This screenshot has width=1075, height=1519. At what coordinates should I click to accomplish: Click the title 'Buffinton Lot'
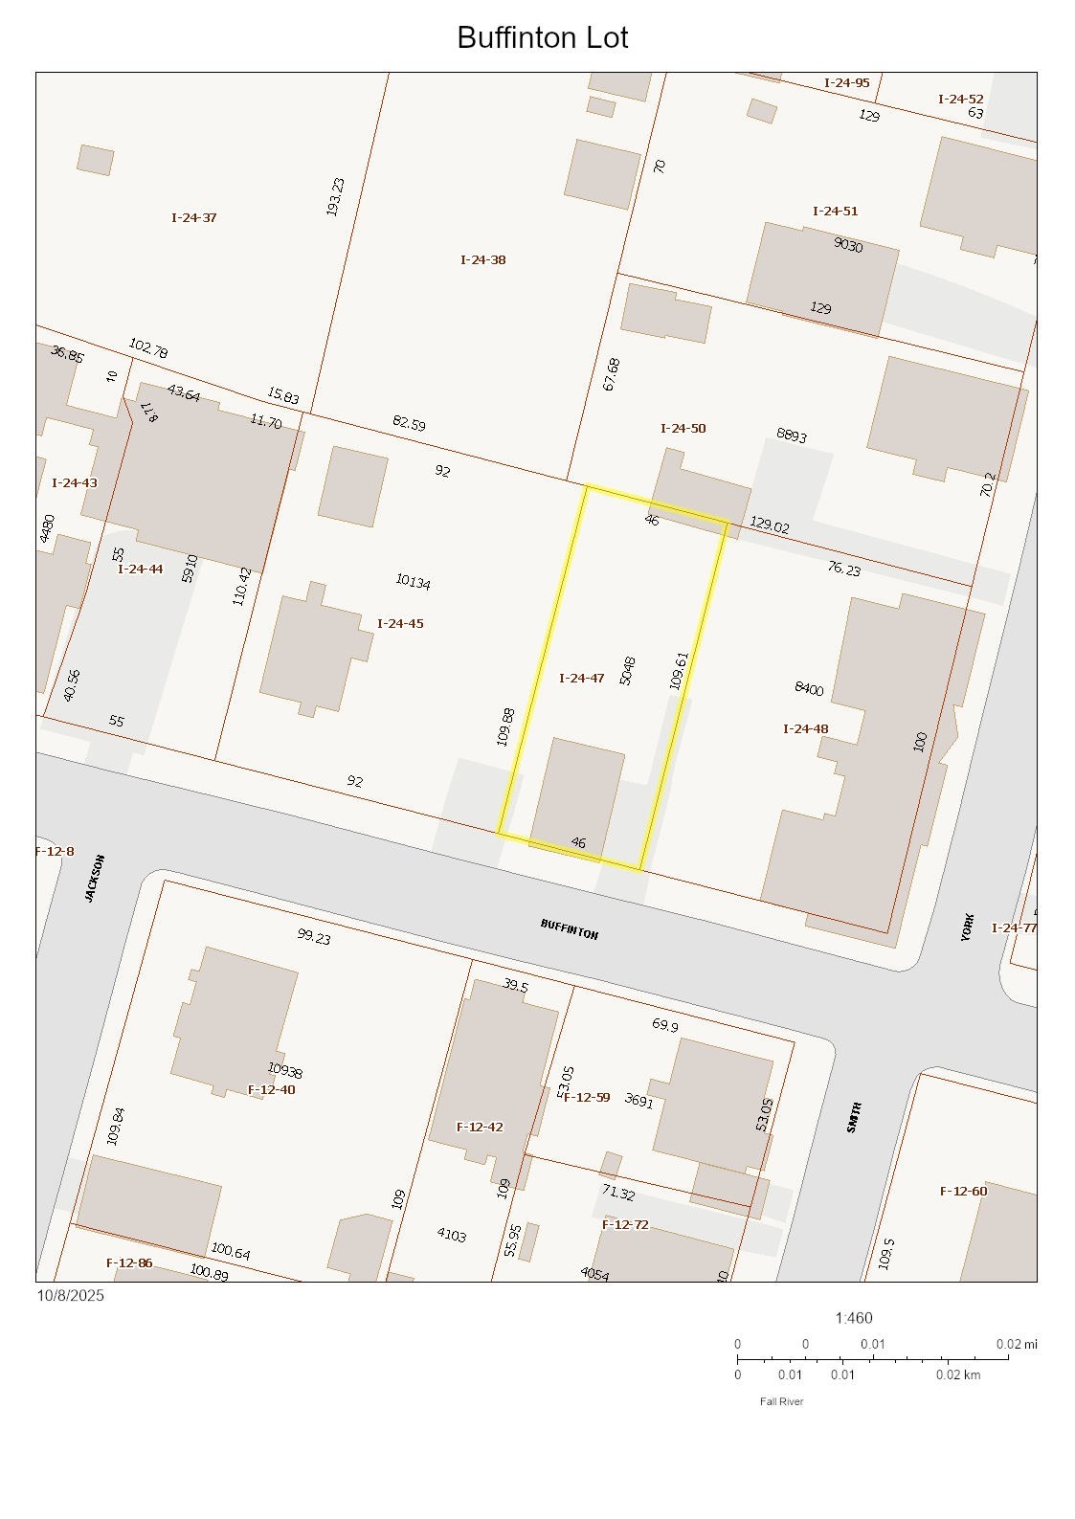[542, 37]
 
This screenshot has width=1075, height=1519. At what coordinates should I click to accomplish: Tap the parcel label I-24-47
[581, 678]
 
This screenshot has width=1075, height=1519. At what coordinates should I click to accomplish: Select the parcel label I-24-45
[400, 623]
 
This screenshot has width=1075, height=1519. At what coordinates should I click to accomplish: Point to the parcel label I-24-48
[805, 728]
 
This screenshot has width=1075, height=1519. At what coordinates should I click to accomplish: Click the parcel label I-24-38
[482, 259]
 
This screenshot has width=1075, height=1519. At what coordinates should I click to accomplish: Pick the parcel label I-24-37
[193, 217]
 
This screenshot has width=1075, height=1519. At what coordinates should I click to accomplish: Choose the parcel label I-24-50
[683, 428]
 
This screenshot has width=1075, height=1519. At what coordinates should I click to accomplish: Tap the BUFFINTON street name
[569, 928]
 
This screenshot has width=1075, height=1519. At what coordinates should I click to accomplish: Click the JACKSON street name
[94, 878]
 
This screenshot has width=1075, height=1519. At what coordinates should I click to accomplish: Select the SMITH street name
[854, 1117]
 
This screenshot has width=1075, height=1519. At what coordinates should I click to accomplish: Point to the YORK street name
[968, 927]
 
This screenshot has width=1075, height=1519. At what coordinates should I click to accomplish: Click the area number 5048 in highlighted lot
[627, 670]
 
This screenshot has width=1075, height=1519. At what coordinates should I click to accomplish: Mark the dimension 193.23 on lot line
[334, 196]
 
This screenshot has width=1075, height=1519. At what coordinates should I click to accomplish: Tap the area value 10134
[413, 581]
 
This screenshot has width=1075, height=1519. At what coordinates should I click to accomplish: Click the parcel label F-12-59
[587, 1097]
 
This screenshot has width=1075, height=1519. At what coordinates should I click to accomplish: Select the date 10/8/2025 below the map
[71, 1295]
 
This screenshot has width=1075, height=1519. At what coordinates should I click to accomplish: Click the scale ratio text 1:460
[853, 1317]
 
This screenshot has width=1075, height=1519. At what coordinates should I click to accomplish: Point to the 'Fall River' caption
[781, 1401]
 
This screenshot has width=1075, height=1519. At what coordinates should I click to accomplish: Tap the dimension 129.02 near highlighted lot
[769, 525]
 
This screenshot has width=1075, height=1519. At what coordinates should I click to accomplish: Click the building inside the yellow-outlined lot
[576, 793]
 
